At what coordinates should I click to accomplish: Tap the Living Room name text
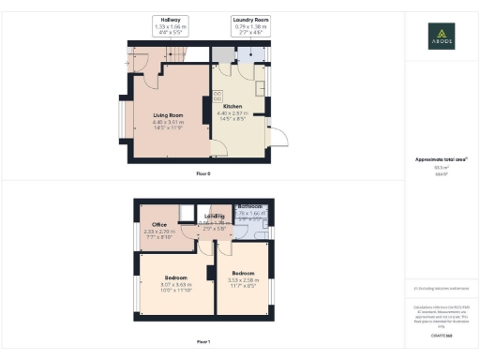click(168, 115)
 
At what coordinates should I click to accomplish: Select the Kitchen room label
click(232, 107)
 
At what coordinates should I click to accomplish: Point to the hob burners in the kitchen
click(217, 95)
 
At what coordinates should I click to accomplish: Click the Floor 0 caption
click(203, 174)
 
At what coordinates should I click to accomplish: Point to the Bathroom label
click(249, 206)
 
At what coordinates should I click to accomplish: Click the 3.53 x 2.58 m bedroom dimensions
click(243, 279)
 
